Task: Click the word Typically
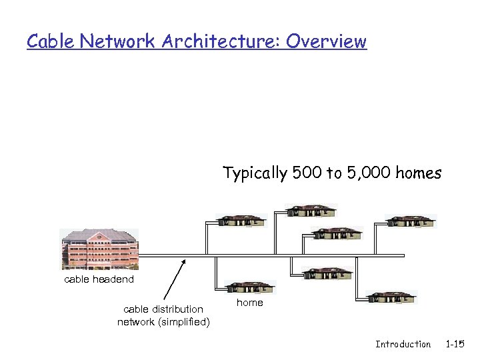(x=255, y=174)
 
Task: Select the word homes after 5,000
(x=418, y=174)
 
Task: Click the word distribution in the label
(x=177, y=309)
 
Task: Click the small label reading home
(x=250, y=303)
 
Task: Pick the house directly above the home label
(x=249, y=287)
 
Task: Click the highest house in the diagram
(x=311, y=211)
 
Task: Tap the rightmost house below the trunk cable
(x=391, y=297)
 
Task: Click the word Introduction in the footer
(x=403, y=344)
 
